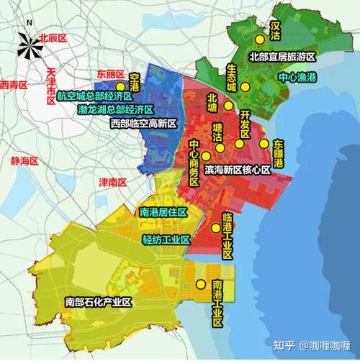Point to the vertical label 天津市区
[x=51, y=87]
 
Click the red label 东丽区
[x=110, y=73]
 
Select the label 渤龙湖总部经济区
[x=116, y=109]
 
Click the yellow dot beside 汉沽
[x=258, y=40]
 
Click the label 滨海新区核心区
[x=238, y=169]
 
